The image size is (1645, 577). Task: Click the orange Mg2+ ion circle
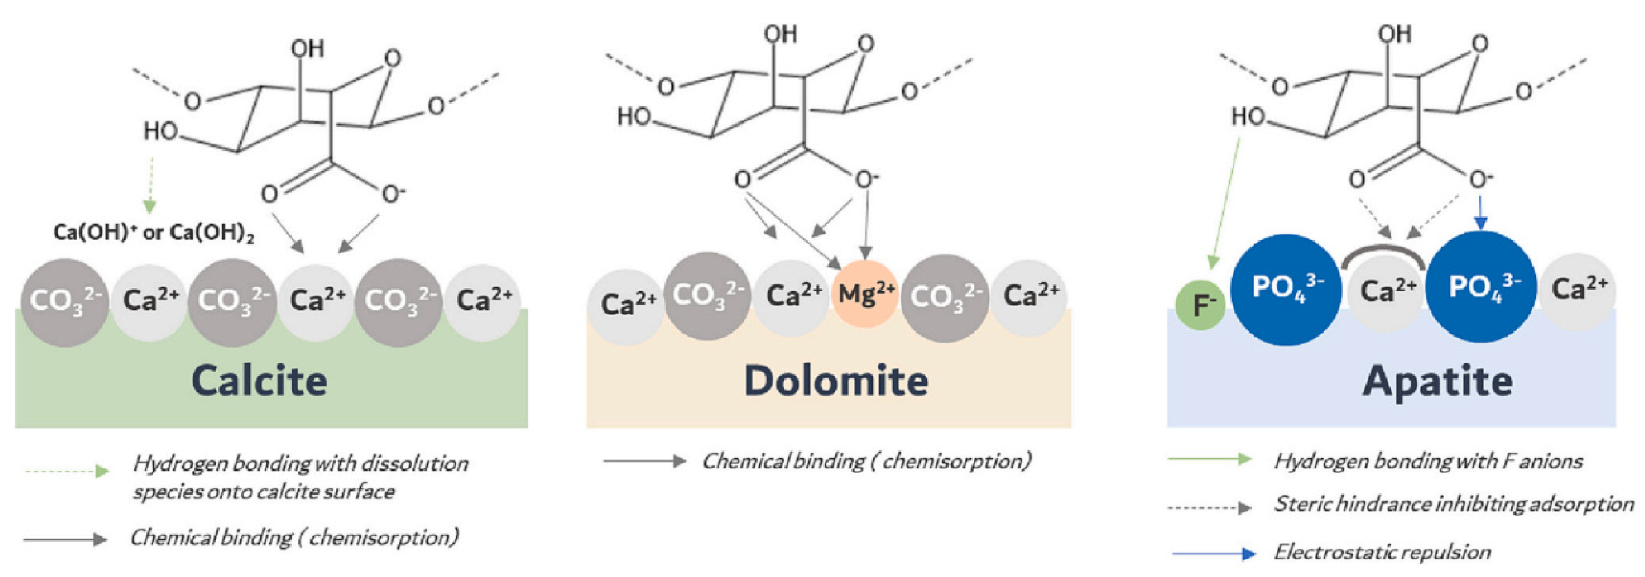[865, 294]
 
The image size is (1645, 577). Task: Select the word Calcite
[260, 381]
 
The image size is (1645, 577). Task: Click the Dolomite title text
[836, 381]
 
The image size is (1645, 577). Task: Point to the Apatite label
[1437, 381]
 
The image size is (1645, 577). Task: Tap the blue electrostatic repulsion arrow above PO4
[1481, 214]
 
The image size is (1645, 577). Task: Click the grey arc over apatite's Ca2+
[1383, 254]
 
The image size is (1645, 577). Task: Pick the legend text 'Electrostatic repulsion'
[1382, 552]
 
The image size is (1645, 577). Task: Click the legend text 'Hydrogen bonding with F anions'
[1428, 461]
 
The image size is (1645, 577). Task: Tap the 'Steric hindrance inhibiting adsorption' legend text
[1453, 504]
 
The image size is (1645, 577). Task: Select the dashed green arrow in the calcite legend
[66, 472]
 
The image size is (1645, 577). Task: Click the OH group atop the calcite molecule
[307, 49]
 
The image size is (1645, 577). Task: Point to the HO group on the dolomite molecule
[634, 117]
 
